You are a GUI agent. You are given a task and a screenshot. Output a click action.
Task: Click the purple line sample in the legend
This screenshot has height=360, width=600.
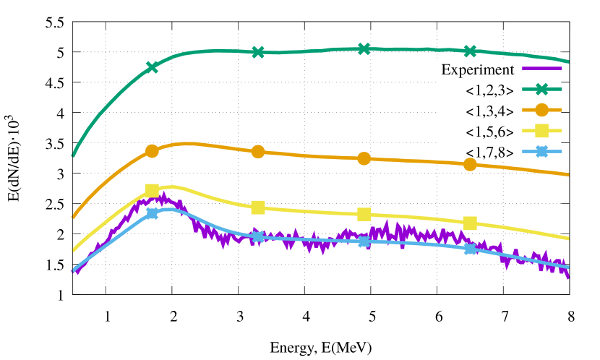(x=541, y=69)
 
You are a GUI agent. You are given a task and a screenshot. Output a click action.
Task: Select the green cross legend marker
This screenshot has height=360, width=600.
(x=541, y=89)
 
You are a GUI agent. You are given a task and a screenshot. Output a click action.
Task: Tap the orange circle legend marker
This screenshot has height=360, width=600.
(x=541, y=110)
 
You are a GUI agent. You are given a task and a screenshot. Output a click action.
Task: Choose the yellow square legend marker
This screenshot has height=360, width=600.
(x=541, y=131)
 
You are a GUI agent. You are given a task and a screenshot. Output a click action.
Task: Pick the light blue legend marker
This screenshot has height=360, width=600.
(x=541, y=151)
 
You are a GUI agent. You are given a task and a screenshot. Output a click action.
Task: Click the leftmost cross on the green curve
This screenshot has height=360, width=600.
(x=152, y=67)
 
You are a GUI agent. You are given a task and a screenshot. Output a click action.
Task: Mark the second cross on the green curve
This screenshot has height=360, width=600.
(x=258, y=52)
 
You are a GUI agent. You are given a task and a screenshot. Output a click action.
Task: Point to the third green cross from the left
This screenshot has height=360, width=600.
(x=364, y=48)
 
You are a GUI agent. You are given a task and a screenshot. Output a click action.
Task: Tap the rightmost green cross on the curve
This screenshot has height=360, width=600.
(x=470, y=51)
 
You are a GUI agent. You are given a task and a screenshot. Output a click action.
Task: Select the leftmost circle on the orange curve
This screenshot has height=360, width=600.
(x=152, y=151)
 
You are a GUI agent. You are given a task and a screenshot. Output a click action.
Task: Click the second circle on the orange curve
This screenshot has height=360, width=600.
(x=258, y=152)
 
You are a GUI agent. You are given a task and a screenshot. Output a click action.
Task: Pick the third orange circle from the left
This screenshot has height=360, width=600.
(x=364, y=158)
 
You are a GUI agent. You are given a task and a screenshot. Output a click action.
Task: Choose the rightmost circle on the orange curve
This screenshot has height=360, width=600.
(x=470, y=164)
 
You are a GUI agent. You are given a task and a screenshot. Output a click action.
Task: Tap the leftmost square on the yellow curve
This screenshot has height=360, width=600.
(x=152, y=190)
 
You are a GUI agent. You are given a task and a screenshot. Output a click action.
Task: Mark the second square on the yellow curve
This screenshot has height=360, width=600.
(x=258, y=207)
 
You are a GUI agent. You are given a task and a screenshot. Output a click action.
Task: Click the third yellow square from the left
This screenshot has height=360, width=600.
(x=364, y=214)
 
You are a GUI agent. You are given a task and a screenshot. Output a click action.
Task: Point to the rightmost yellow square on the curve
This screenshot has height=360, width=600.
(x=470, y=223)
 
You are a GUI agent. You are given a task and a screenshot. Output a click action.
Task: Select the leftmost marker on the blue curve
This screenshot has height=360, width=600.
(x=152, y=213)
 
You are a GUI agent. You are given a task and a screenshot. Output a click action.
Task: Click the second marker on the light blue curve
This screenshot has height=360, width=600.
(x=258, y=236)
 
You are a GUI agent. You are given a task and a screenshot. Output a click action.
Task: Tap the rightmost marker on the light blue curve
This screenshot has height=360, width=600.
(x=470, y=249)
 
